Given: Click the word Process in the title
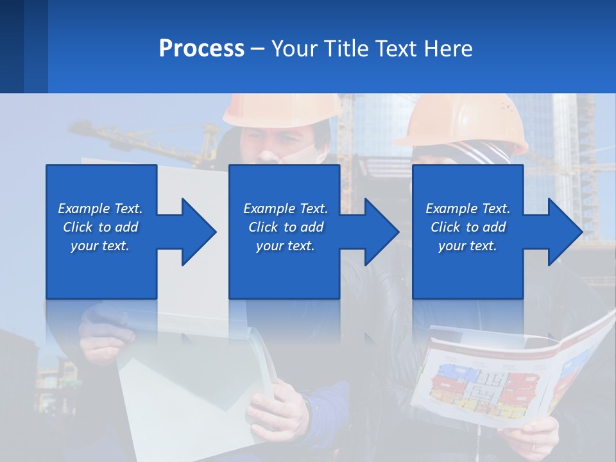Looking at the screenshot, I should pyautogui.click(x=201, y=49).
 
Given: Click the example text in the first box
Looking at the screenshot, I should pyautogui.click(x=100, y=227).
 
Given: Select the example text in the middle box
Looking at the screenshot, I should pyautogui.click(x=286, y=227).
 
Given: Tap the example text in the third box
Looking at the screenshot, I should pyautogui.click(x=468, y=227).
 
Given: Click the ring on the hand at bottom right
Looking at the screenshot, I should pyautogui.click(x=533, y=447).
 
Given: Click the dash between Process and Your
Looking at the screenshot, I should pyautogui.click(x=258, y=49).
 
